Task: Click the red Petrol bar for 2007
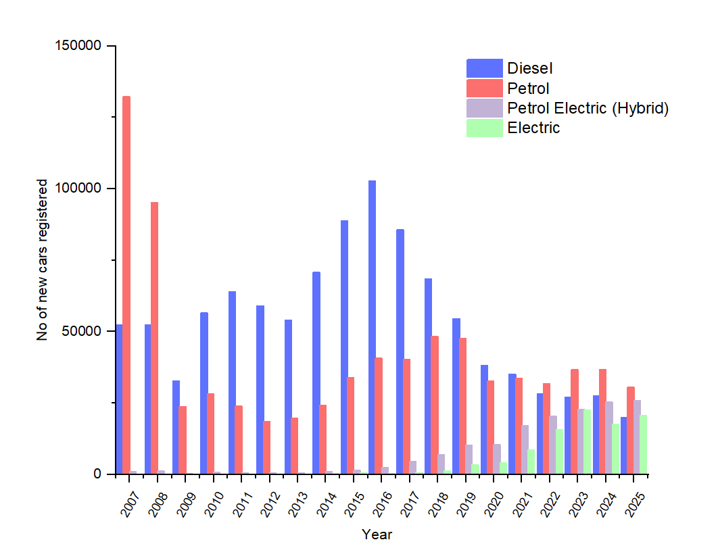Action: pos(126,284)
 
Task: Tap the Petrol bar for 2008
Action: pos(155,338)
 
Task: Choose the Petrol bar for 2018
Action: pos(435,405)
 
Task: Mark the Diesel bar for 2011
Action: pos(232,382)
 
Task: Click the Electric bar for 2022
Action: pos(559,451)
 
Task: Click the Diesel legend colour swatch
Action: pos(484,68)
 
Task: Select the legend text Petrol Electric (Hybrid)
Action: pos(588,108)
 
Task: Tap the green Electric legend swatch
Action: pos(484,128)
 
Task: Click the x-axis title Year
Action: pos(377,535)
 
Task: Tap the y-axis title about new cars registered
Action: pos(42,260)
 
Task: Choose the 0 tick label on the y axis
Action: pos(97,474)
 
